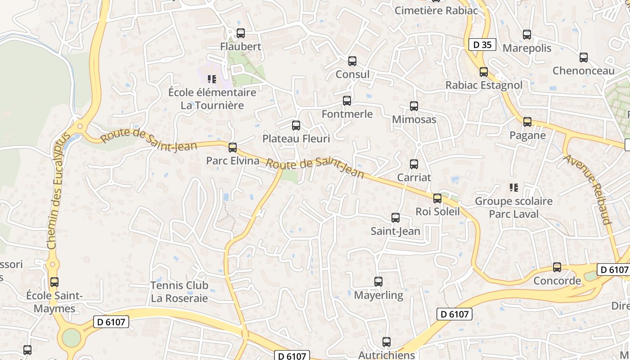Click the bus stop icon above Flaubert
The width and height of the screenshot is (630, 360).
pyautogui.click(x=241, y=33)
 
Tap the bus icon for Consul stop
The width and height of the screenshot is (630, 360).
pyautogui.click(x=352, y=61)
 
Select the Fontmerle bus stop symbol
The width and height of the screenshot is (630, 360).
pyautogui.click(x=347, y=101)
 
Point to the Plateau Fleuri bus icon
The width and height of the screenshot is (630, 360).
pyautogui.click(x=296, y=126)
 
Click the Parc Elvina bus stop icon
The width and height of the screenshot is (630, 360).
pyautogui.click(x=233, y=147)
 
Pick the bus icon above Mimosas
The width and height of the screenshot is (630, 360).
pyautogui.click(x=414, y=106)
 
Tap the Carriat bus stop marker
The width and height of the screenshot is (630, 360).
pyautogui.click(x=414, y=164)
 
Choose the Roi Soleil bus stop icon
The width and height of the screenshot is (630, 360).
pyautogui.click(x=437, y=198)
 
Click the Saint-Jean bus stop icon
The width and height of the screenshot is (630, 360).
pyautogui.click(x=396, y=218)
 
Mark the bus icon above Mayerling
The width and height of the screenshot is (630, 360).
pyautogui.click(x=378, y=282)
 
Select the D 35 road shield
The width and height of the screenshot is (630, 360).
pyautogui.click(x=482, y=45)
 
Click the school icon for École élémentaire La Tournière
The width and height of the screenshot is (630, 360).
pyautogui.click(x=212, y=79)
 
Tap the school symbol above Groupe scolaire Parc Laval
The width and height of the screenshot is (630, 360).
pyautogui.click(x=513, y=187)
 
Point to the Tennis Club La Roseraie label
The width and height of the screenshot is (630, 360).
pyautogui.click(x=180, y=292)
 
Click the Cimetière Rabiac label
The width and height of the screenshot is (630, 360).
pyautogui.click(x=436, y=10)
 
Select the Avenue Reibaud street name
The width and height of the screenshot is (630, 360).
pyautogui.click(x=588, y=189)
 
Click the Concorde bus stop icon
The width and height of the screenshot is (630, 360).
pyautogui.click(x=557, y=267)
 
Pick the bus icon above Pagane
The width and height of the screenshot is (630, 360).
pyautogui.click(x=527, y=121)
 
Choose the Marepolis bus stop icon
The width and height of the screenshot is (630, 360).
pyautogui.click(x=527, y=35)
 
